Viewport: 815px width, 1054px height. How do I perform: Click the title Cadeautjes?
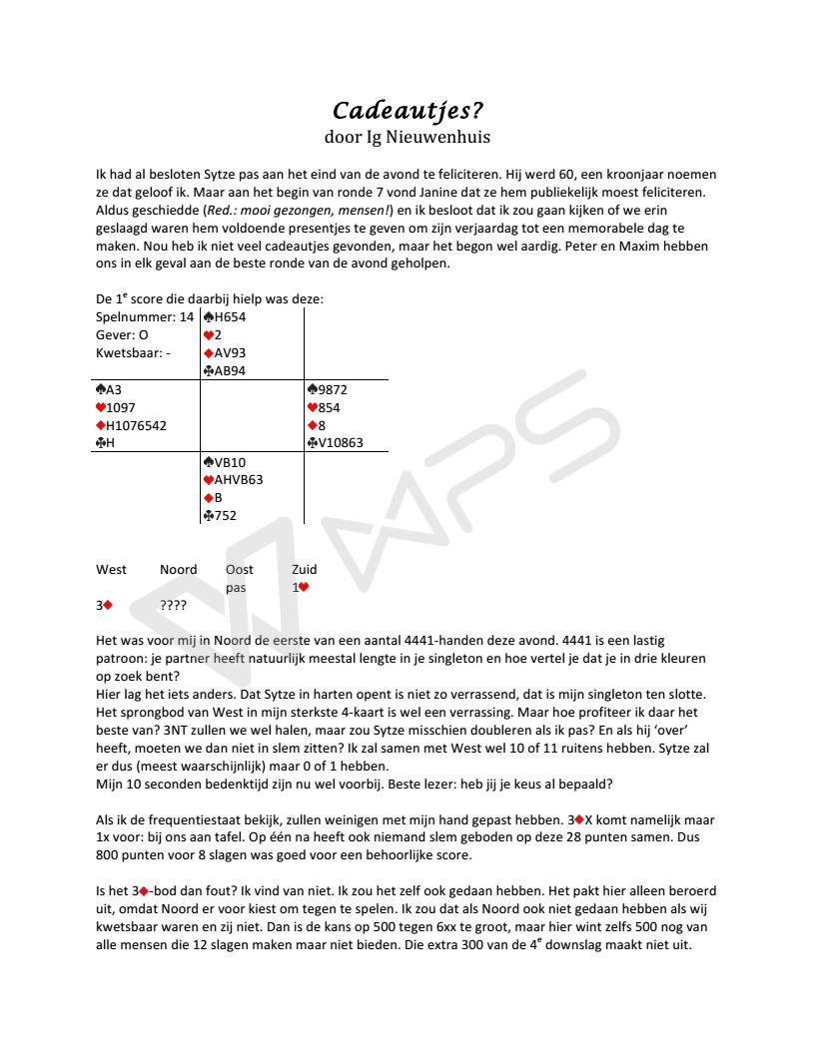click(x=407, y=109)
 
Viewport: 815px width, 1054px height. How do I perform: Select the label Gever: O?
click(x=122, y=334)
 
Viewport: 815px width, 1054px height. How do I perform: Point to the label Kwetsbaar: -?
click(x=134, y=352)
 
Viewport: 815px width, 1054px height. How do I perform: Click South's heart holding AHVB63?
click(x=233, y=479)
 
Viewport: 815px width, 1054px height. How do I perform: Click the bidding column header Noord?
click(x=178, y=569)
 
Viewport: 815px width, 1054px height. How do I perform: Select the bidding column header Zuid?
click(x=304, y=569)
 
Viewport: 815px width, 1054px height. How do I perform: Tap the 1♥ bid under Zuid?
click(x=300, y=587)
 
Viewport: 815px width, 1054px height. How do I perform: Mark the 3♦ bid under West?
click(x=104, y=605)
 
